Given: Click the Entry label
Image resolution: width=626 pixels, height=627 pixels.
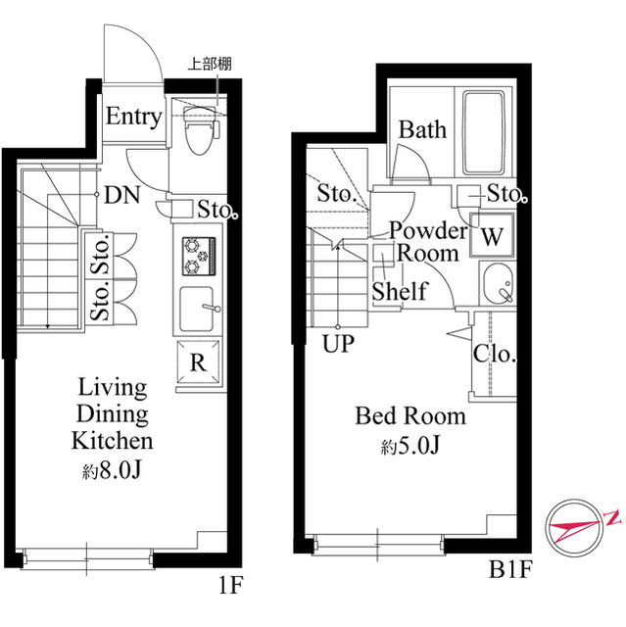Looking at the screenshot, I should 133,118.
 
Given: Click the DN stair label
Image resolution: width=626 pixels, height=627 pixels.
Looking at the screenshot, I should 122,194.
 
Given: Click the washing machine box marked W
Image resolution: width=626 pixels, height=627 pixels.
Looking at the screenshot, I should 492,237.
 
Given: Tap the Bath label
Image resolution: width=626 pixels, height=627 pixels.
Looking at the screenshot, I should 422,130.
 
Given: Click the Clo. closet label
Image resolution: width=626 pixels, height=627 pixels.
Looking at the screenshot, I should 494,355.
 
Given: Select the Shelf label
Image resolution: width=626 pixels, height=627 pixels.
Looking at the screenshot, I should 399,291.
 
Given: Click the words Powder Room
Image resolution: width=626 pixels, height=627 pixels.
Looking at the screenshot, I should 428,242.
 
